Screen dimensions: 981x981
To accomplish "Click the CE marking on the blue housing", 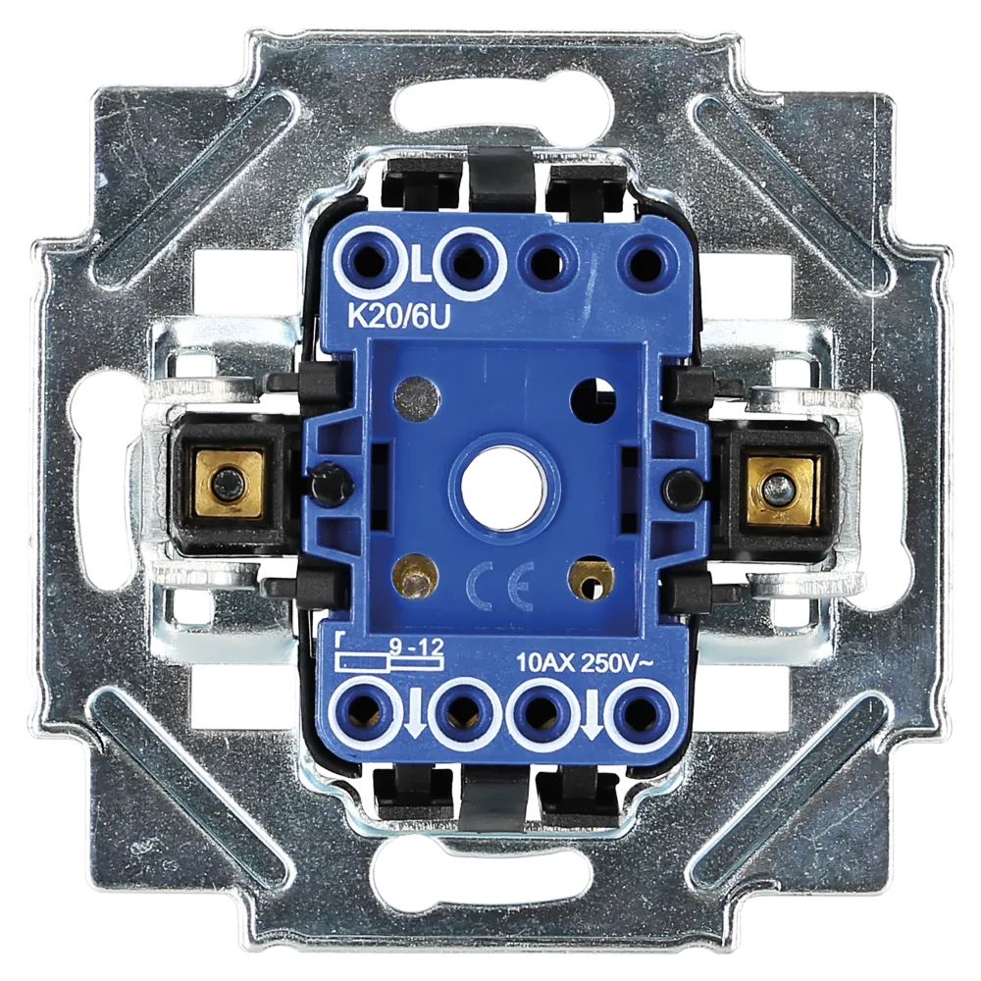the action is [x=500, y=587].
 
